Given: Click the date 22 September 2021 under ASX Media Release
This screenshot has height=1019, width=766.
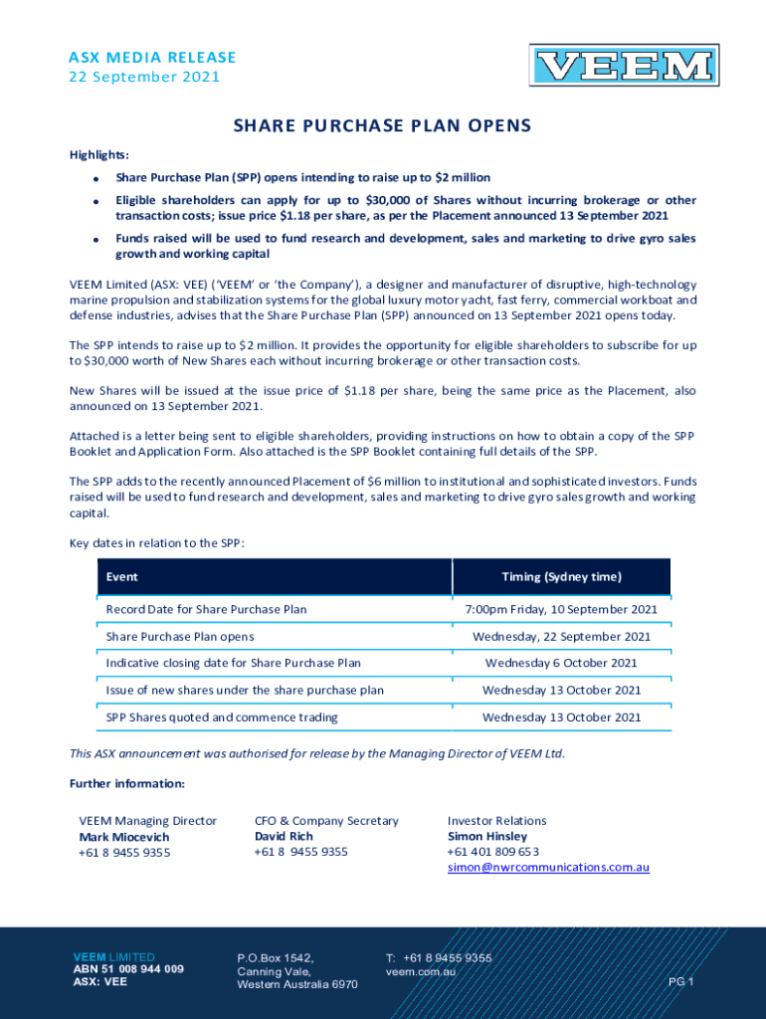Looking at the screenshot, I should pos(144,77).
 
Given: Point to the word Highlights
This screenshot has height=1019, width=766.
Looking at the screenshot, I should pos(98,154).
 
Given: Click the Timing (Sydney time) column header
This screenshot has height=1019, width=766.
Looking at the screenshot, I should pos(561,577).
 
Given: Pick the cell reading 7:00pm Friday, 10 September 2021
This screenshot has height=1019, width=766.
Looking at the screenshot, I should pos(561,609).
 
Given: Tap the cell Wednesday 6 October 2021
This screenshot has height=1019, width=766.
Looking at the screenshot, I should pos(561,663).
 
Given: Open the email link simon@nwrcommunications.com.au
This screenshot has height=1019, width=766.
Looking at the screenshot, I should pos(548,867).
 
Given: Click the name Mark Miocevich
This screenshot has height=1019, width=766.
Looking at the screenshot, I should pos(124,837).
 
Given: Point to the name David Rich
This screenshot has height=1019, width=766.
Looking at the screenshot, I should pos(284,836).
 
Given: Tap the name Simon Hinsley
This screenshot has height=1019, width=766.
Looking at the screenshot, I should pos(487,836).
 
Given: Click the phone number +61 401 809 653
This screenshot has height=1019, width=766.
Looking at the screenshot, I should pos(493,852).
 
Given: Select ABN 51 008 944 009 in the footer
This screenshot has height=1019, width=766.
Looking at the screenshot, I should pos(128,968).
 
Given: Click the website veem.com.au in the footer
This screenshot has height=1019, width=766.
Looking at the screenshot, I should pos(421,970).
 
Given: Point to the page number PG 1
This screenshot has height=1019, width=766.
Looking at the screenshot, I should pos(680,982).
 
